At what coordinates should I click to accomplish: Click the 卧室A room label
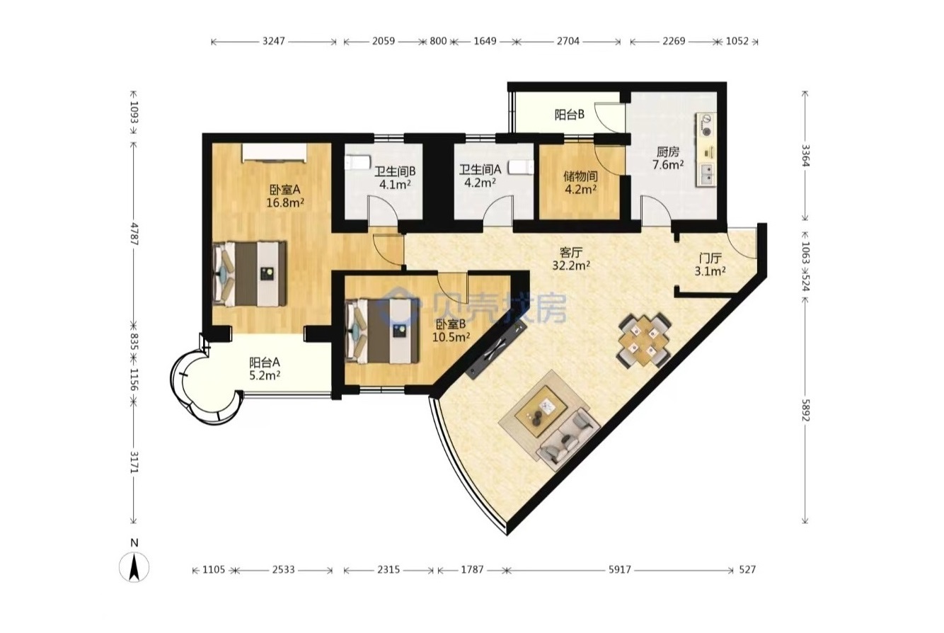click(285, 190)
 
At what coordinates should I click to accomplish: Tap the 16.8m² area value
click(285, 203)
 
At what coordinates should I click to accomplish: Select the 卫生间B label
click(395, 171)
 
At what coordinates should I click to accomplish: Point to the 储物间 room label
click(580, 176)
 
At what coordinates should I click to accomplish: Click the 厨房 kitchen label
click(668, 152)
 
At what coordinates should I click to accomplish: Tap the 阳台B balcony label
click(570, 114)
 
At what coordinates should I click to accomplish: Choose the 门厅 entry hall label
click(710, 258)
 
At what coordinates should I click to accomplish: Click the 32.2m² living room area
click(571, 266)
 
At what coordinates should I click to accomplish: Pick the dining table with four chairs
click(643, 340)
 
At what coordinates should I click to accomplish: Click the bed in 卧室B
click(382, 331)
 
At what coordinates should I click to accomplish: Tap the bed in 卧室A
click(250, 274)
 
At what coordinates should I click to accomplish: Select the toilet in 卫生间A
click(521, 167)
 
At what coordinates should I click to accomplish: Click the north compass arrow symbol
click(134, 567)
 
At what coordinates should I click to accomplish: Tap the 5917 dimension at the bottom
click(619, 570)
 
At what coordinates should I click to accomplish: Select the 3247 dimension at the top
click(274, 41)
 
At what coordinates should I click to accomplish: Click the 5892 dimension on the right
click(805, 411)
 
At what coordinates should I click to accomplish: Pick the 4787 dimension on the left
click(134, 234)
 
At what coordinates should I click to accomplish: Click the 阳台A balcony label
click(264, 363)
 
